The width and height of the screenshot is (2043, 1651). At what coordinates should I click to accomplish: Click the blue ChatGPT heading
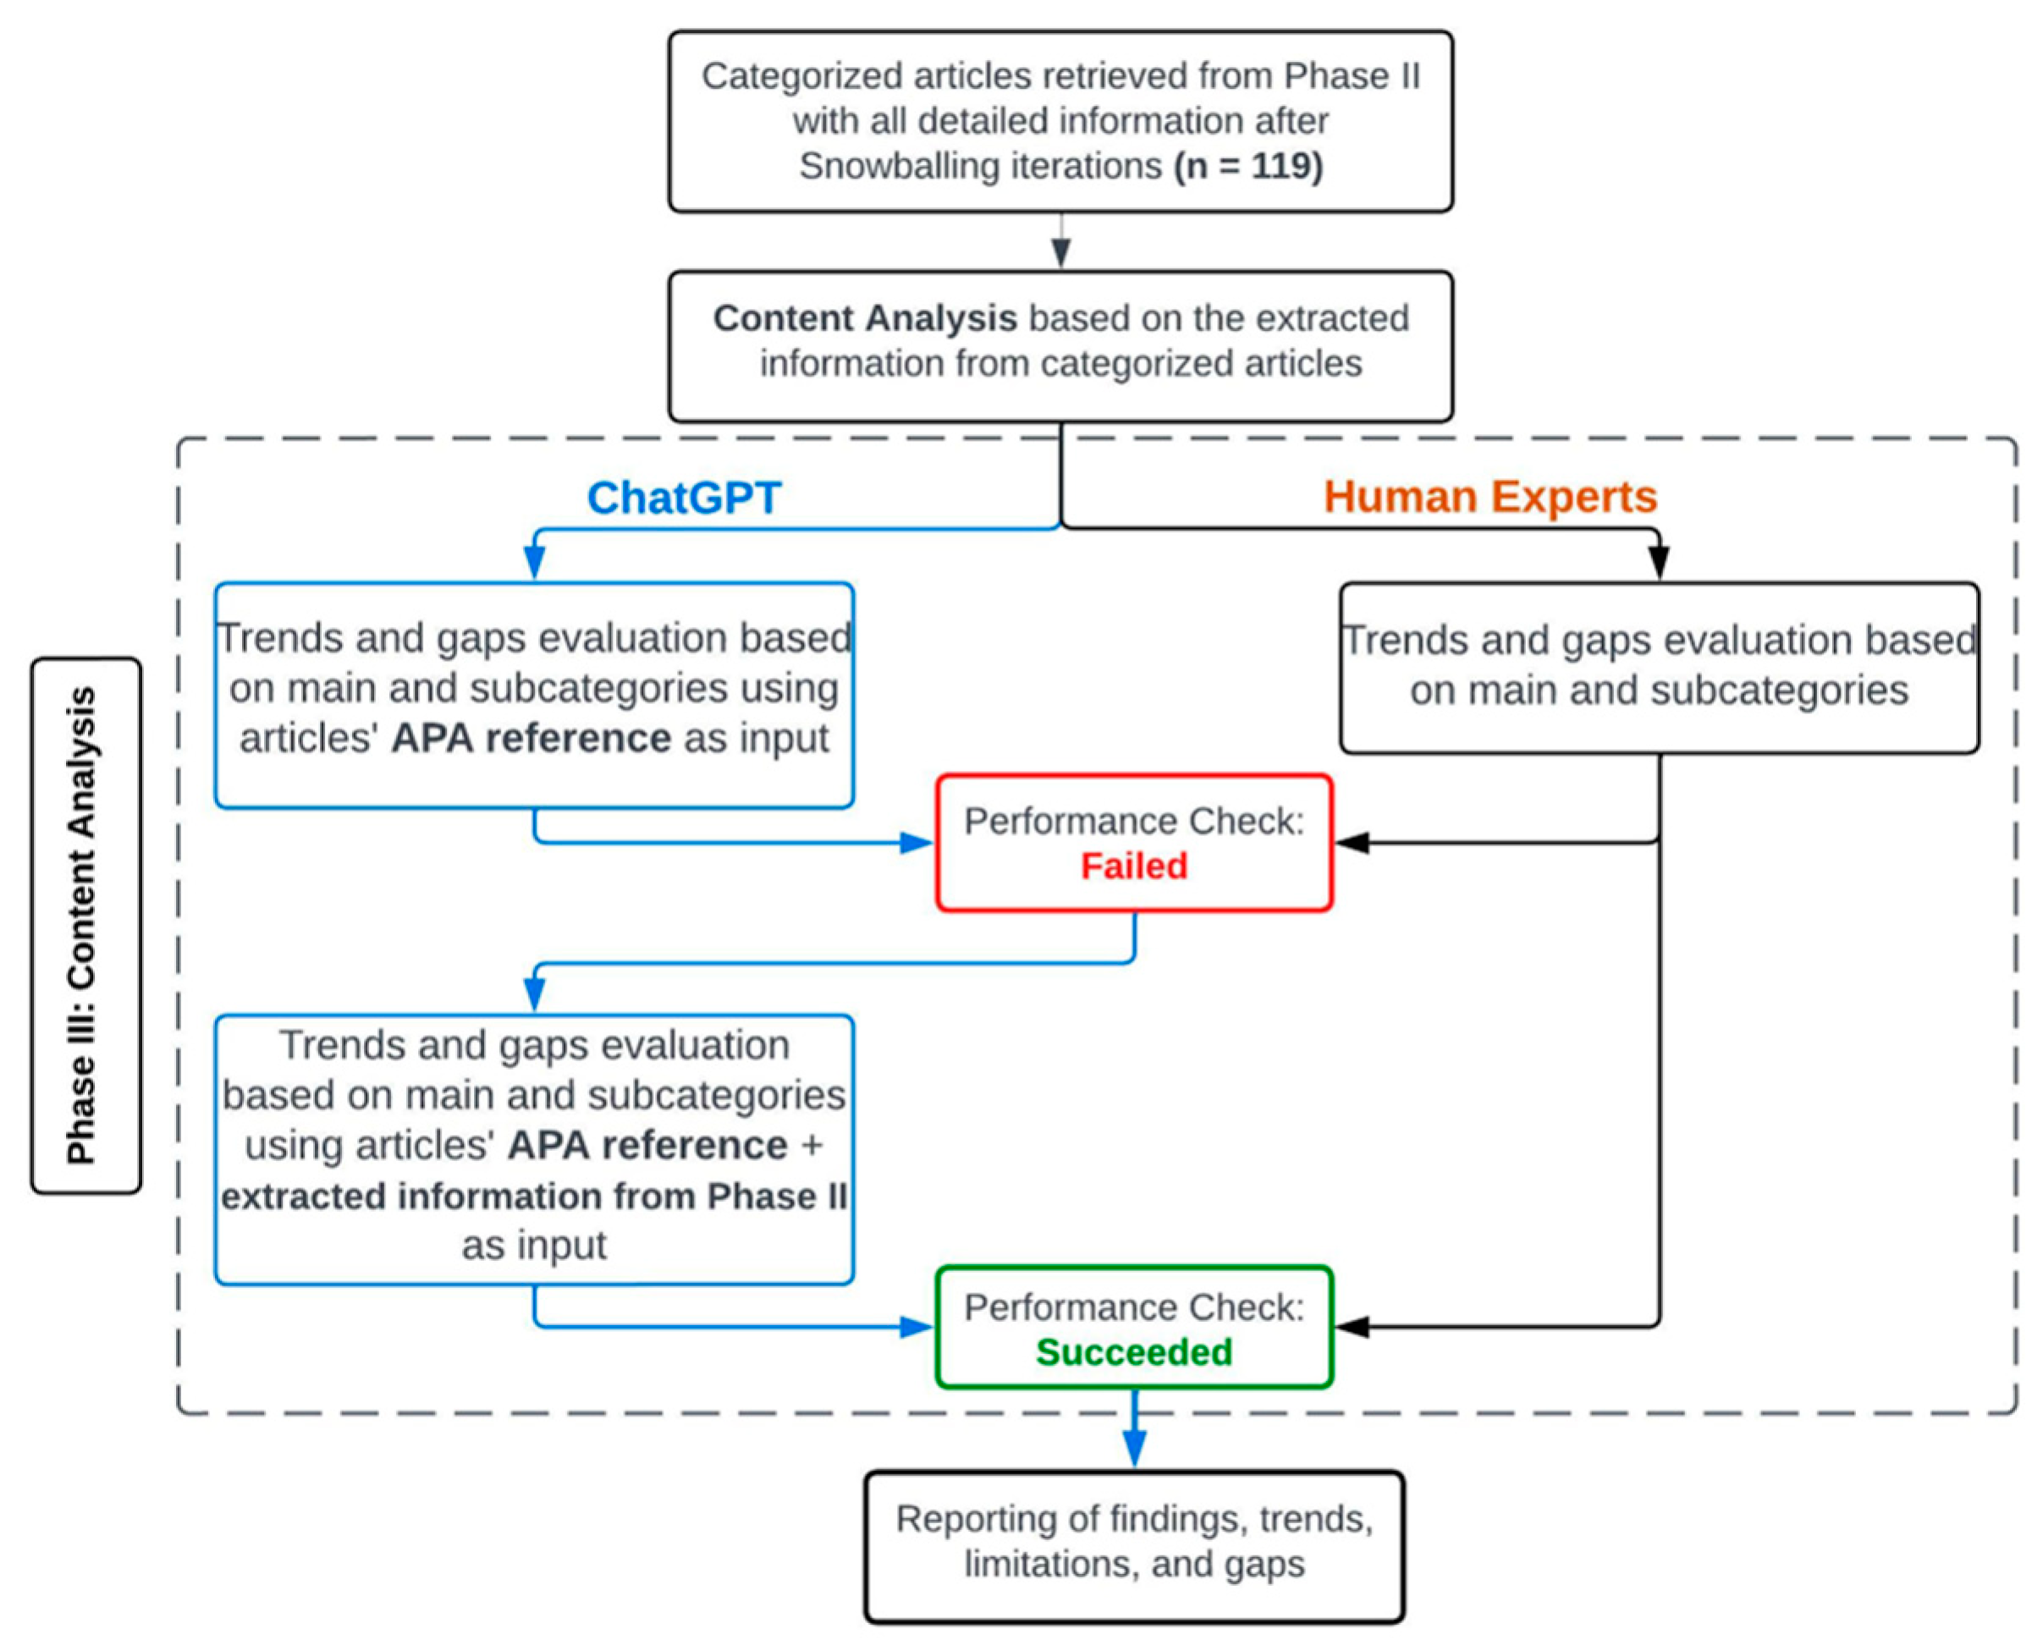[683, 498]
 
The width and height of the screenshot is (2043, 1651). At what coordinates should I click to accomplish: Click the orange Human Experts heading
[1490, 497]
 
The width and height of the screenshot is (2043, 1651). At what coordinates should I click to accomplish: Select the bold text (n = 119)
[1247, 166]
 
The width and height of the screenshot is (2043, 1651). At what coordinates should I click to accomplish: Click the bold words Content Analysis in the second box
[865, 317]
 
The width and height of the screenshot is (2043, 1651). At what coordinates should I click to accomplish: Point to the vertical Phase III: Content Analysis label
[85, 924]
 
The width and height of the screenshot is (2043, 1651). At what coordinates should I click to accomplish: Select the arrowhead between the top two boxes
[1060, 252]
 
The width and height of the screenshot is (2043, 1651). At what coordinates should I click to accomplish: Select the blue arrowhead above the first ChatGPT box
[535, 563]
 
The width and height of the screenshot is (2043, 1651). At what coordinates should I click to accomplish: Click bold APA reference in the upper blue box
[531, 738]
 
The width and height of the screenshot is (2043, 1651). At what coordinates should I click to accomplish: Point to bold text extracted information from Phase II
[533, 1196]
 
